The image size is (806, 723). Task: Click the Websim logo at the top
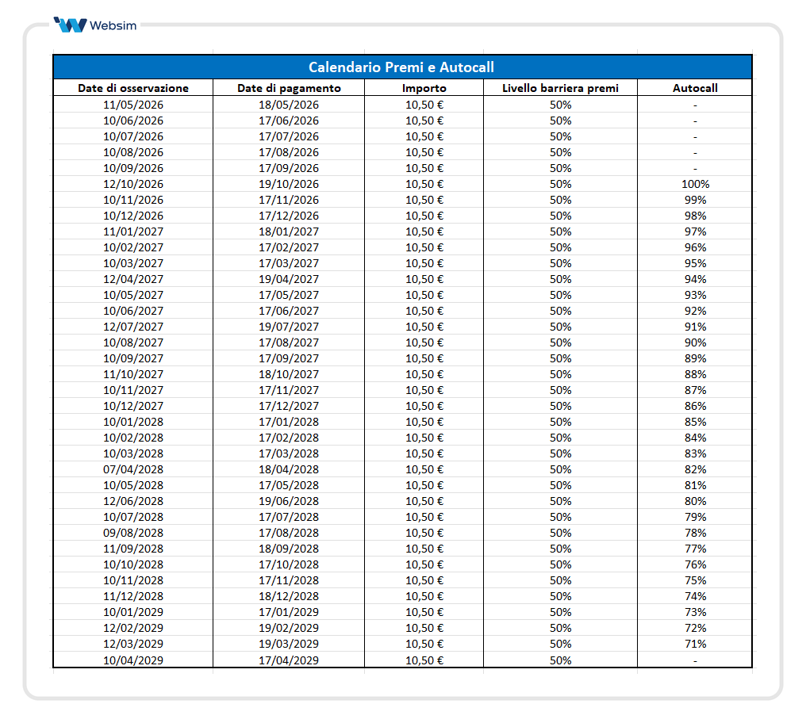pyautogui.click(x=94, y=25)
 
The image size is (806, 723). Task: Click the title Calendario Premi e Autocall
pyautogui.click(x=401, y=67)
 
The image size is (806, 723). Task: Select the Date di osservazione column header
pyautogui.click(x=133, y=88)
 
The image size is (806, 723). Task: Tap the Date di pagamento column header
pyautogui.click(x=289, y=88)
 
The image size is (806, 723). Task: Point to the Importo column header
pyautogui.click(x=424, y=88)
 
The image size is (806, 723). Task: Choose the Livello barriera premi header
pyautogui.click(x=560, y=88)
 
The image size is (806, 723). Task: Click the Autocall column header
pyautogui.click(x=695, y=88)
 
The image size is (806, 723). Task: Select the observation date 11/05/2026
pyautogui.click(x=133, y=105)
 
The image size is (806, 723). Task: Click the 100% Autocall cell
pyautogui.click(x=695, y=184)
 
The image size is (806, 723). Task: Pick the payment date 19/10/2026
pyautogui.click(x=289, y=184)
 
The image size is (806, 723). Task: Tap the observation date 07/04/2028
pyautogui.click(x=133, y=469)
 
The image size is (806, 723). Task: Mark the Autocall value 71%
pyautogui.click(x=695, y=644)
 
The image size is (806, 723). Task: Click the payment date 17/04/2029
pyautogui.click(x=289, y=660)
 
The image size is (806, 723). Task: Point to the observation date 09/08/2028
pyautogui.click(x=133, y=533)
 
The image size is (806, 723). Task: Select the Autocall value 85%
pyautogui.click(x=695, y=422)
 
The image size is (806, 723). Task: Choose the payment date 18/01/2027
pyautogui.click(x=289, y=231)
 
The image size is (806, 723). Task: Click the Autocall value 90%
pyautogui.click(x=695, y=342)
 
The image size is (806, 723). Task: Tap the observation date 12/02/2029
pyautogui.click(x=133, y=628)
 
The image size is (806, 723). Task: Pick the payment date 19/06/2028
pyautogui.click(x=289, y=501)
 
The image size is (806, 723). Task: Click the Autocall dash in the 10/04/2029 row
pyautogui.click(x=695, y=660)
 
